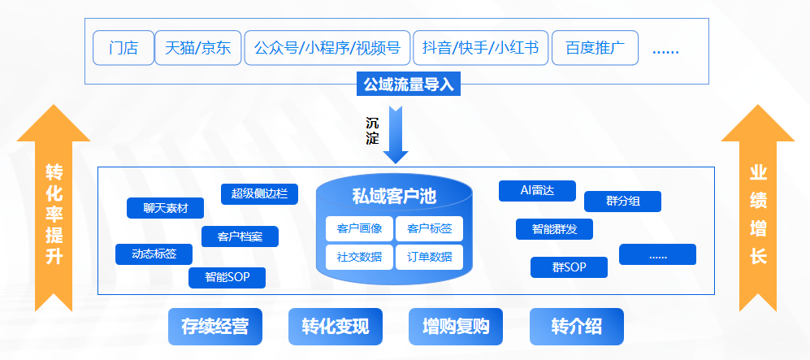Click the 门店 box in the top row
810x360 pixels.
pos(123,48)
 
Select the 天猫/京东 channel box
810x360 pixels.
pos(197,48)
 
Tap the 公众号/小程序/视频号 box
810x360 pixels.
pos(327,48)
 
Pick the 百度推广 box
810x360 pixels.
pos(594,48)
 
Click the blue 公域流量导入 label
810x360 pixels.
pos(408,84)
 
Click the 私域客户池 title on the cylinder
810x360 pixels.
pos(394,196)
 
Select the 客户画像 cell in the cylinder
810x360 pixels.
pos(359,228)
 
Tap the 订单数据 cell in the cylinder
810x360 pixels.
pos(429,257)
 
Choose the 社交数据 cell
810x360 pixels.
pos(359,257)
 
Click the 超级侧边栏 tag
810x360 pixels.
pos(259,193)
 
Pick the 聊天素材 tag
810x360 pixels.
pos(165,208)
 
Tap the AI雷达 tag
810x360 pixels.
pos(537,190)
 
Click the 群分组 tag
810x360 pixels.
pos(622,201)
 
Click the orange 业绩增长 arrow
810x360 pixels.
pos(758,211)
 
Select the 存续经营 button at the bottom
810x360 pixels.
pos(214,327)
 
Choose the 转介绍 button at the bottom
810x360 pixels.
pos(576,327)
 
